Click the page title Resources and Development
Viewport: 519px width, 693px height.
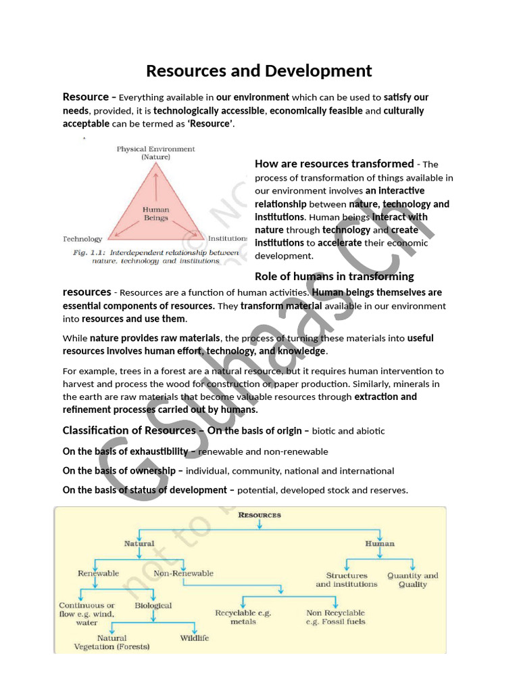259,70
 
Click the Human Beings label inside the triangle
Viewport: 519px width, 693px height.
155,214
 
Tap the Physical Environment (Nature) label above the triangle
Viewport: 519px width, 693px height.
155,153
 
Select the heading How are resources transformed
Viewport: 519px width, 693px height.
334,164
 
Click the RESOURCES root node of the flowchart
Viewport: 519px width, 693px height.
259,515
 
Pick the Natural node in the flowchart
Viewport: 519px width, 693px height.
139,543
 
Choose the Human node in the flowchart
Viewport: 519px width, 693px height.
380,543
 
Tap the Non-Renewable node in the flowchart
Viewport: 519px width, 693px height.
184,573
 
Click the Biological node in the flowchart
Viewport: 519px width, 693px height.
153,606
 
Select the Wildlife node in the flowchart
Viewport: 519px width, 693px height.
195,638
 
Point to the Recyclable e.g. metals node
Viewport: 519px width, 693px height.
243,617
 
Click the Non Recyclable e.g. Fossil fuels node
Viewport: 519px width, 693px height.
335,617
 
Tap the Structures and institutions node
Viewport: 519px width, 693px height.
347,580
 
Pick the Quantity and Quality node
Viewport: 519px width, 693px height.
413,580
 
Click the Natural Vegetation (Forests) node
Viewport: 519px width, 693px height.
112,642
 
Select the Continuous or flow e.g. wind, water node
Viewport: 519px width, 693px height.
87,614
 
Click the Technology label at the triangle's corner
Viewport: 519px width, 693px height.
82,239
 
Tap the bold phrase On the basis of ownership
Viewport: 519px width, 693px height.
123,470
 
